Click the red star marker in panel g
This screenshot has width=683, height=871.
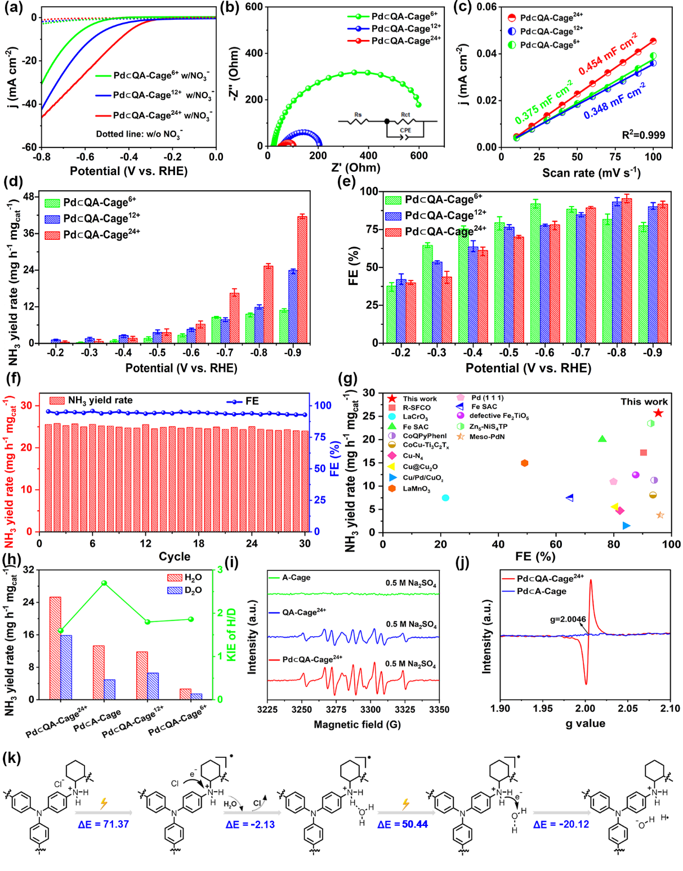click(x=658, y=413)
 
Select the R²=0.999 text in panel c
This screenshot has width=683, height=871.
click(x=643, y=135)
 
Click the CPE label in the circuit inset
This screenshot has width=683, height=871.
click(x=405, y=131)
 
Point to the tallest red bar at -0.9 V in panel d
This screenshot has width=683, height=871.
click(x=302, y=279)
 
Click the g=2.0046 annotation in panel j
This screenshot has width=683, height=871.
click(x=568, y=619)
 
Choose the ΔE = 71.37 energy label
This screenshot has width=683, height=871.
click(x=103, y=824)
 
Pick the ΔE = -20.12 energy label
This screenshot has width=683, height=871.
click(x=561, y=824)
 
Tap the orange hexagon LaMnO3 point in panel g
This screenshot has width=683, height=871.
click(x=525, y=463)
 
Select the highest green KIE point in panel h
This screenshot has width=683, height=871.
click(x=104, y=583)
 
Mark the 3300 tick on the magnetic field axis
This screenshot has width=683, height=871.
click(x=370, y=709)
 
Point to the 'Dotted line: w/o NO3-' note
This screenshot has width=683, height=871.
click(x=139, y=135)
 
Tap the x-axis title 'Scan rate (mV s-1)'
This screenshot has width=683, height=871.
click(x=591, y=173)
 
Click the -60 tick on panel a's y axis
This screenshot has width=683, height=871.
click(x=30, y=148)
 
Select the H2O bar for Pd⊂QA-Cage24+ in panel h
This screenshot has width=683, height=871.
click(x=55, y=648)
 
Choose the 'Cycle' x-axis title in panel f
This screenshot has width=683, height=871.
click(x=175, y=556)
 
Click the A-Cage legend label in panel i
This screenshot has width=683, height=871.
click(x=296, y=578)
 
